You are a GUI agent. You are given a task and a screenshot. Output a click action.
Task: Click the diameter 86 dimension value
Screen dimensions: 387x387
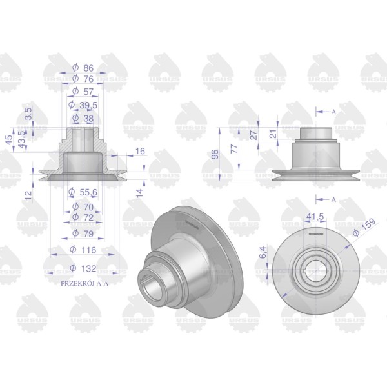(83, 68)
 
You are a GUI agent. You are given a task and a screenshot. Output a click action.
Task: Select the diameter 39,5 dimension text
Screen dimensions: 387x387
(83, 105)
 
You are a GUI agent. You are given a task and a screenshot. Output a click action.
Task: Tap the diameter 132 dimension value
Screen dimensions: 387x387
(83, 268)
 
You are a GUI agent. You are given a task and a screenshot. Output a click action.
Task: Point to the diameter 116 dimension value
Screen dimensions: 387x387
(83, 250)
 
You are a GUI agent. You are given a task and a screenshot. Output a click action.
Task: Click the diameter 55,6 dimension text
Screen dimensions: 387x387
(83, 192)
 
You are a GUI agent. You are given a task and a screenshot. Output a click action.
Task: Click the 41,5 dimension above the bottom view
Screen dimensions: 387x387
(315, 217)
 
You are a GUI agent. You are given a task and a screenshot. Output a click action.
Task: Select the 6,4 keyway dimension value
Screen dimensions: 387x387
(263, 252)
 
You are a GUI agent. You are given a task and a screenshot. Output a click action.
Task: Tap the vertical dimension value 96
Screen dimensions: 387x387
(215, 154)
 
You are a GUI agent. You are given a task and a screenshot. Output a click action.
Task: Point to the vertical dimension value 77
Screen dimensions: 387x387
(234, 148)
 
